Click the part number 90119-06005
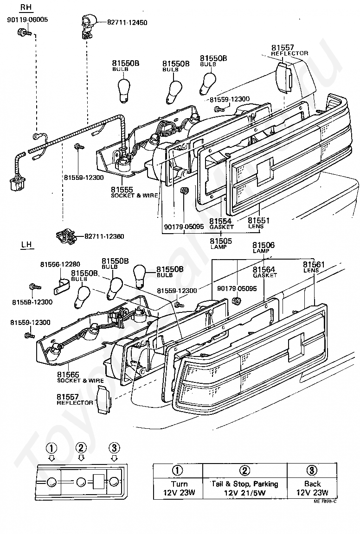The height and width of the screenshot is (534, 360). (27, 20)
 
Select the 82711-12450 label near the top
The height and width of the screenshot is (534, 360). (127, 23)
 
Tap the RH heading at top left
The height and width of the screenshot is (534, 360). (26, 7)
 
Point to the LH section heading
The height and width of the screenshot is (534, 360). (26, 245)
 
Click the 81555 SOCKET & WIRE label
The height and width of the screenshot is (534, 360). (135, 192)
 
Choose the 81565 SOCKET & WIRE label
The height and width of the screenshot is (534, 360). (80, 377)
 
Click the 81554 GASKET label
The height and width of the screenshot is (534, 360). (221, 224)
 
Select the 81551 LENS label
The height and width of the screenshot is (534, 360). (259, 222)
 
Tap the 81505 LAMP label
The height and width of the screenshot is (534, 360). (221, 243)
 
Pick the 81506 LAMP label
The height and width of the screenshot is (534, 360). (263, 247)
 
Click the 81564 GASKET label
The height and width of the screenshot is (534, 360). (265, 272)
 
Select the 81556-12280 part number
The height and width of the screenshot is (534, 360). (60, 264)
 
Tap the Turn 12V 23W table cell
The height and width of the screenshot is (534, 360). (179, 488)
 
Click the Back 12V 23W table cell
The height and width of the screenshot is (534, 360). (312, 488)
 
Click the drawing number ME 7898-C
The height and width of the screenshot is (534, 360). (326, 502)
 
